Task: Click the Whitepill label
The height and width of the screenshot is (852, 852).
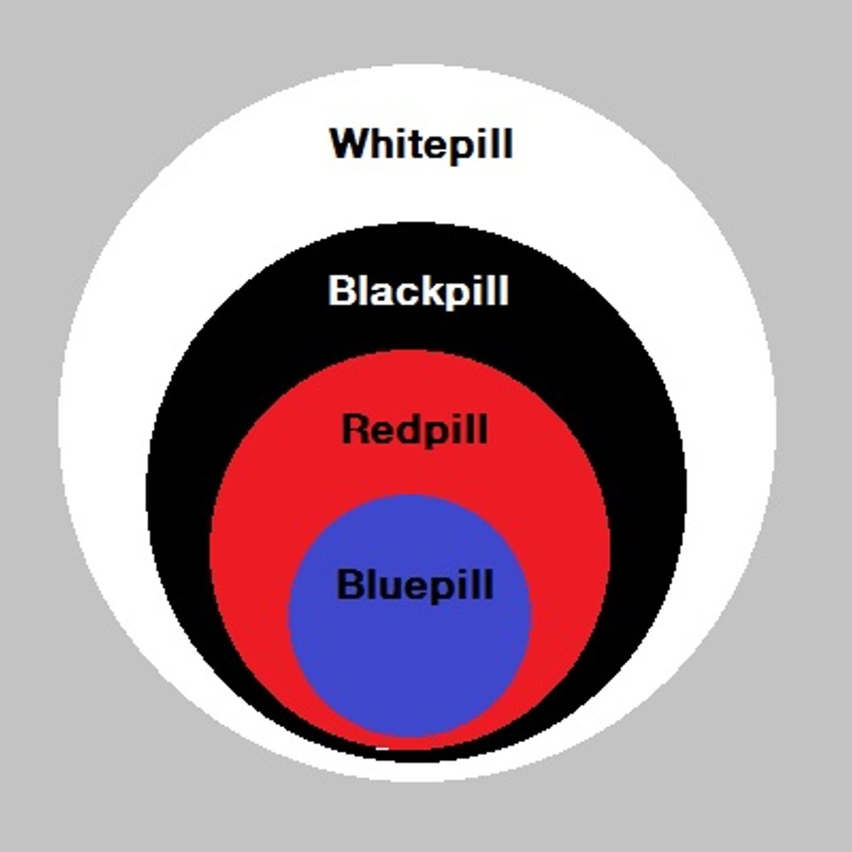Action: tap(421, 145)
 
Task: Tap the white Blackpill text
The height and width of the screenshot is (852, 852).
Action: tap(419, 290)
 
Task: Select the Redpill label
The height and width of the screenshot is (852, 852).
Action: tap(415, 430)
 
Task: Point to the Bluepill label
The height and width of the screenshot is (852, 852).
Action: tap(415, 585)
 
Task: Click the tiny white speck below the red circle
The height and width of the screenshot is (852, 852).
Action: tap(382, 748)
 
